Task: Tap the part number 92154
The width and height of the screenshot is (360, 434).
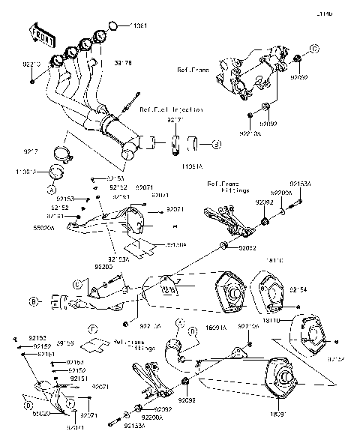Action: pyautogui.click(x=298, y=287)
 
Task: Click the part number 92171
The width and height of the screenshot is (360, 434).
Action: pyautogui.click(x=175, y=120)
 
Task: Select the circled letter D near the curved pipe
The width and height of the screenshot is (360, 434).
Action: pyautogui.click(x=192, y=330)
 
